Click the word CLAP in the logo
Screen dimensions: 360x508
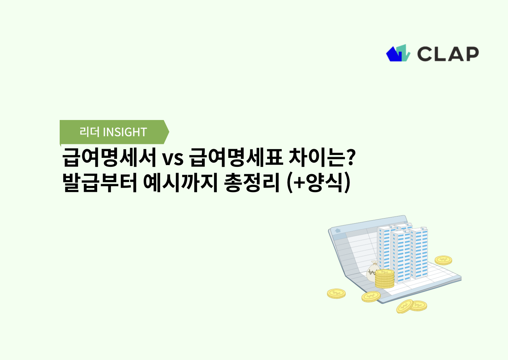tap(448, 54)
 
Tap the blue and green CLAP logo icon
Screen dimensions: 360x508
tap(398, 53)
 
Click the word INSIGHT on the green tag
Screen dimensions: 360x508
tap(125, 132)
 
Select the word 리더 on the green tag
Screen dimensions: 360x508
tap(90, 132)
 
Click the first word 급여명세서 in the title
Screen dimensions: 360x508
tap(109, 157)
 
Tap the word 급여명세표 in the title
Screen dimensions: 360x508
tap(236, 157)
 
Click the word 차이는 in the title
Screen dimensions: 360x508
tap(317, 157)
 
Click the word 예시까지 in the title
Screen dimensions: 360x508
tap(180, 182)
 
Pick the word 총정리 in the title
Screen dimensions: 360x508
tap(252, 182)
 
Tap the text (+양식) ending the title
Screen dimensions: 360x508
tap(319, 183)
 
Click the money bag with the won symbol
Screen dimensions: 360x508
tap(373, 271)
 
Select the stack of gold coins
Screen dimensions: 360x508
tap(384, 279)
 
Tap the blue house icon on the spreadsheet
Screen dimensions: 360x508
tap(338, 230)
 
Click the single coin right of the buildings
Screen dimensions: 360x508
tap(443, 260)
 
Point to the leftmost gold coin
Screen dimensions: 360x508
tap(336, 294)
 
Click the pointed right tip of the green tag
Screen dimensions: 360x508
tap(167, 132)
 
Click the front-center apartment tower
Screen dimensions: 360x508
tap(401, 255)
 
